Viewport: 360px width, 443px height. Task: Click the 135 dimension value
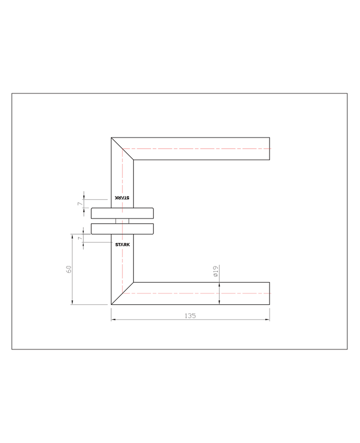(x=190, y=315)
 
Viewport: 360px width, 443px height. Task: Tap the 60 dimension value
(x=69, y=269)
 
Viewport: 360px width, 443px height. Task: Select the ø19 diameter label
(x=216, y=271)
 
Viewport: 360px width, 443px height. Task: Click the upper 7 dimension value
(x=80, y=204)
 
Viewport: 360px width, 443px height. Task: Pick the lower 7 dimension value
(x=80, y=238)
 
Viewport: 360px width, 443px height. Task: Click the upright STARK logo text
(x=122, y=245)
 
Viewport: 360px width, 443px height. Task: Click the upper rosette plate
(x=122, y=214)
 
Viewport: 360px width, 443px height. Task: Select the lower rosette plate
(x=122, y=229)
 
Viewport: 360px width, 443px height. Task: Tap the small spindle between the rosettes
(x=122, y=221)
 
